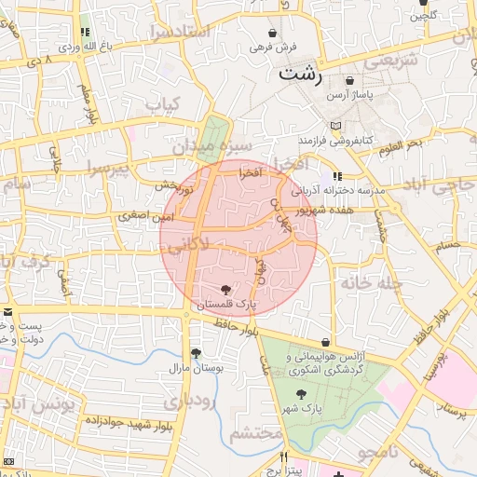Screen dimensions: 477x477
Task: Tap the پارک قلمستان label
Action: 225,304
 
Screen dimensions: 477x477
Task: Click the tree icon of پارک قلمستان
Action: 226,289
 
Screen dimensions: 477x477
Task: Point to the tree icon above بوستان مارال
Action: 196,353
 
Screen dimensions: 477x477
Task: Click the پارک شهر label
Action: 299,409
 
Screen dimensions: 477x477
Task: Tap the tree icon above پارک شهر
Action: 299,395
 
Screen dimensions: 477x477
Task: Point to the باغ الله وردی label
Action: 85,46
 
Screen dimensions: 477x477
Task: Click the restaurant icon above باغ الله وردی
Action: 85,32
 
